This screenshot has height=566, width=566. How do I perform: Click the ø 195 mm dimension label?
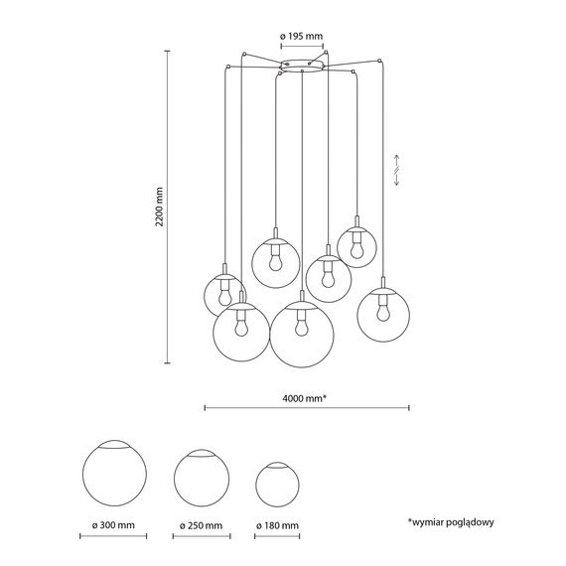point(302,37)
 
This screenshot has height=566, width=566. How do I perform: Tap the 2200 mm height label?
point(158,206)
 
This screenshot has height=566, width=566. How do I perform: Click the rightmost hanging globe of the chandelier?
point(383,312)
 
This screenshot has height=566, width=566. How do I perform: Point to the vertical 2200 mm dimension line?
point(166,207)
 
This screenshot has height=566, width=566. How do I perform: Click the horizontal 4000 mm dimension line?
point(306,407)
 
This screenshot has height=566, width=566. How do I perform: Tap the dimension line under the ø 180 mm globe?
point(276,535)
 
